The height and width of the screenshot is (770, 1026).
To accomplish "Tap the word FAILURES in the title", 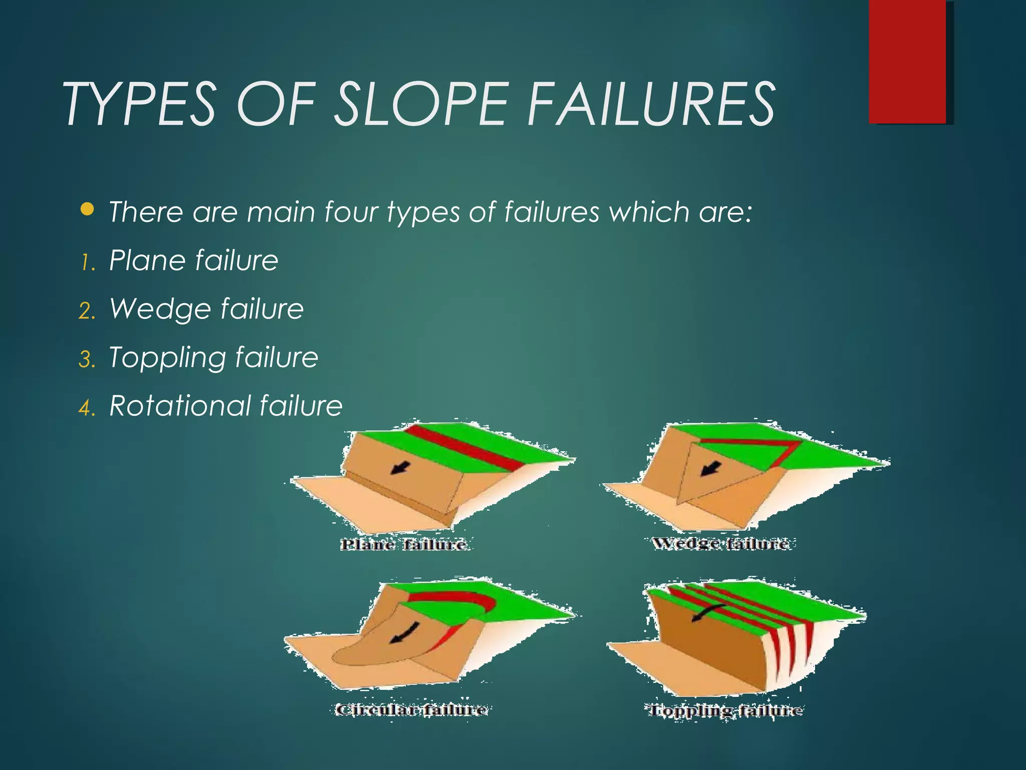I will [651, 104].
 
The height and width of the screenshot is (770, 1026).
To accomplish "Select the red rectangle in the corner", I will [907, 61].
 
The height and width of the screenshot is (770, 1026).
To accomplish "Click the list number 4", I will [86, 408].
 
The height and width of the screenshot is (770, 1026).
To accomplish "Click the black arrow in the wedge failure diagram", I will [711, 469].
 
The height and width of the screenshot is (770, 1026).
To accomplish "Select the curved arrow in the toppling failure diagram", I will [707, 613].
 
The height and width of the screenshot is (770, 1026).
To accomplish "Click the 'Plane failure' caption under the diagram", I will [404, 544].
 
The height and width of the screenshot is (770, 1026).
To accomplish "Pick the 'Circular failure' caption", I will [411, 709].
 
